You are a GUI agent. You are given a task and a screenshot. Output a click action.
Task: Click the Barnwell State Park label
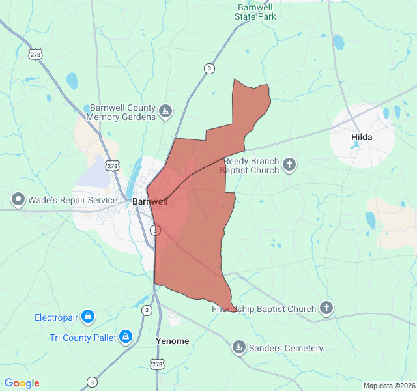coord(256,12)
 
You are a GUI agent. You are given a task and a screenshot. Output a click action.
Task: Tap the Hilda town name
coord(362,137)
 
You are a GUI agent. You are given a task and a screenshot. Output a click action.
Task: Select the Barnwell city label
coord(149,201)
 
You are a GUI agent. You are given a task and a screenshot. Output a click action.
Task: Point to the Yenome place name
coord(173,341)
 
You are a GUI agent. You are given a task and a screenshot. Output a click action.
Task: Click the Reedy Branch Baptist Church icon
coord(289,166)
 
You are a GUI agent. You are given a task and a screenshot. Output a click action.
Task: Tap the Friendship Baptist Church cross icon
coord(326,308)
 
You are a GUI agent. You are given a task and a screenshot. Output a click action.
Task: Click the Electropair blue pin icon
coord(88,317)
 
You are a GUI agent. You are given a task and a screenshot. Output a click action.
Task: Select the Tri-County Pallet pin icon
coord(126,337)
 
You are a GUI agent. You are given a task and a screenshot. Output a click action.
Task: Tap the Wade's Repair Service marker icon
coord(18,199)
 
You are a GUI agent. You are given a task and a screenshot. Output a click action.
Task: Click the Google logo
coord(22,383)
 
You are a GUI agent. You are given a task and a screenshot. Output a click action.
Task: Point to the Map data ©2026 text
coord(388,386)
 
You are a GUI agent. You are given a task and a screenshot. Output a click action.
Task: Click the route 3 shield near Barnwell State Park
coord(208,68)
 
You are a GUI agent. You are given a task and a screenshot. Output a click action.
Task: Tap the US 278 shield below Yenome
coord(158,364)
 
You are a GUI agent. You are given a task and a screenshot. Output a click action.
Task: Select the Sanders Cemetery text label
coord(286,348)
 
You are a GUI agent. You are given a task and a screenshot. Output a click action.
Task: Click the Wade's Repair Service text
coord(73,199)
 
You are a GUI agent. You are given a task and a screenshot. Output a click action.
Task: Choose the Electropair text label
coord(56,318)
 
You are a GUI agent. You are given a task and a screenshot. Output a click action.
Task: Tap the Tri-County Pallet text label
coord(83,338)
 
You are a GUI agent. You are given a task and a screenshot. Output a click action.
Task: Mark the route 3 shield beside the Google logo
coord(93,382)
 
